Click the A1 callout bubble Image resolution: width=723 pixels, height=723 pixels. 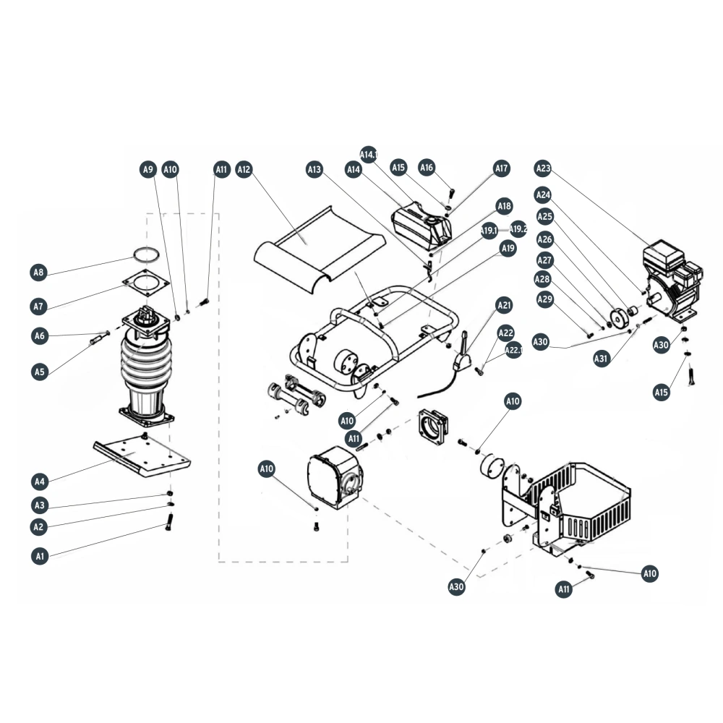[x=40, y=556]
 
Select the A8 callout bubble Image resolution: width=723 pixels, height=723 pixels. [x=39, y=273]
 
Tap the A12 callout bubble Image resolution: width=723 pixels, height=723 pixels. [x=244, y=170]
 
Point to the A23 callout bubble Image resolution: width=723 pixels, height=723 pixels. [x=543, y=168]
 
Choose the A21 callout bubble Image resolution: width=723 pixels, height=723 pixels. [x=505, y=305]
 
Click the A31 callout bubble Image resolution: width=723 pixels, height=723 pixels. [x=602, y=359]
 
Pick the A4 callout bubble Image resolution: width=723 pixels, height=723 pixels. [x=40, y=482]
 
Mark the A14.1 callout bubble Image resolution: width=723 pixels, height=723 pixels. [x=369, y=155]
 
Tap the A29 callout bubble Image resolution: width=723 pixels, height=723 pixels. [x=545, y=300]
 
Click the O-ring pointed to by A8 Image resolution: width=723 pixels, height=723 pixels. [x=146, y=249]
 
